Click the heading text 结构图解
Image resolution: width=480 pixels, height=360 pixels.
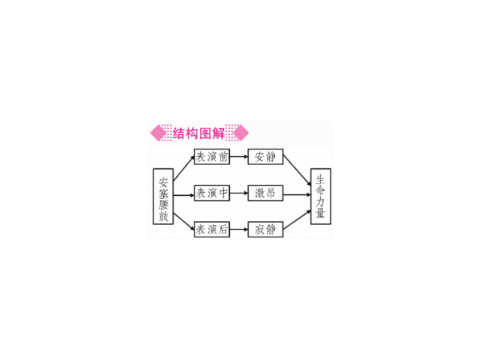tap(199, 133)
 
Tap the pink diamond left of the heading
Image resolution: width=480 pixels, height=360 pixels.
tap(159, 133)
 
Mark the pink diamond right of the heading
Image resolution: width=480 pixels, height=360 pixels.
tap(241, 133)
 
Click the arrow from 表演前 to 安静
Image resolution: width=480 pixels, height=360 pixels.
tap(239, 157)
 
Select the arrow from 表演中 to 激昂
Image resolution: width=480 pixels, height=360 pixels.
tap(239, 193)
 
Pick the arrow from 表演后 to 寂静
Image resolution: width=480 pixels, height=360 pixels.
tap(239, 229)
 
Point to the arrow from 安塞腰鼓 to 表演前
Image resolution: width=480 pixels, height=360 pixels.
tap(184, 169)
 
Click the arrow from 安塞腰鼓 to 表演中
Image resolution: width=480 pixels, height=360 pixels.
tap(184, 195)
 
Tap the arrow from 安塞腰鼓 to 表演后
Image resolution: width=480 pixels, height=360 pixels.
tap(184, 221)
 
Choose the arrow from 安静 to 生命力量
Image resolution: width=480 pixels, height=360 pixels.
tap(297, 170)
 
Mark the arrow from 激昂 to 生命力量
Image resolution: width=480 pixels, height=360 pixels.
tap(297, 195)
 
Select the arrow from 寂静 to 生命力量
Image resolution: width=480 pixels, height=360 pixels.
tap(297, 220)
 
